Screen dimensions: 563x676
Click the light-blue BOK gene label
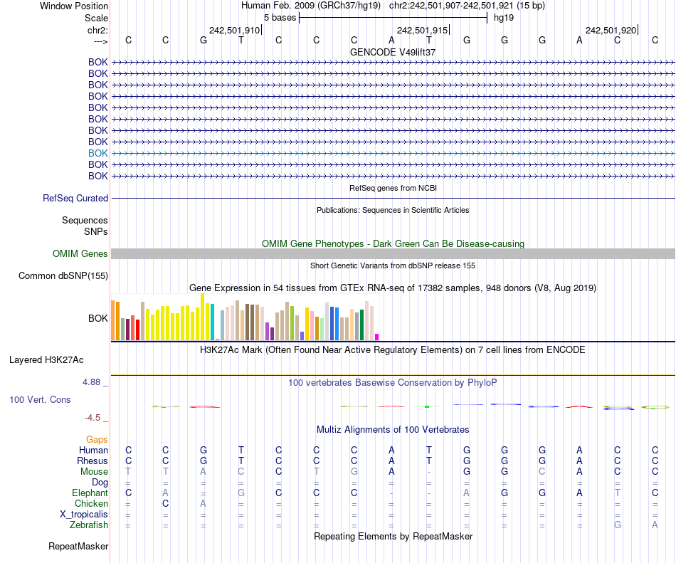(98, 153)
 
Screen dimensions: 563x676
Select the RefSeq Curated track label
(75, 199)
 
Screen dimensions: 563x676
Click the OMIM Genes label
(80, 254)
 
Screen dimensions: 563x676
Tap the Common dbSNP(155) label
(63, 276)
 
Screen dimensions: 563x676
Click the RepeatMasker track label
(78, 547)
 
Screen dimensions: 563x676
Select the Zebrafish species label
(88, 525)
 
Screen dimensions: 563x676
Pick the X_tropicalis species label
(84, 515)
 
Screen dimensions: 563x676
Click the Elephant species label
(90, 493)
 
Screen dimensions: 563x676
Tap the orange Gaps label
(97, 440)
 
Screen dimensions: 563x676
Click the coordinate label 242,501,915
(423, 30)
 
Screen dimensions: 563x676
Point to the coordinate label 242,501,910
(235, 30)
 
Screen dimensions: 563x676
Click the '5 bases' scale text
(280, 17)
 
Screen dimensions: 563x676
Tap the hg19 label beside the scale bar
(504, 17)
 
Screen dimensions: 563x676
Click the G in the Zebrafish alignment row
(618, 525)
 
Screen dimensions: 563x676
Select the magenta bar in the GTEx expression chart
(377, 337)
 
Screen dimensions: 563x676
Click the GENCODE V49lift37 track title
(393, 52)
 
